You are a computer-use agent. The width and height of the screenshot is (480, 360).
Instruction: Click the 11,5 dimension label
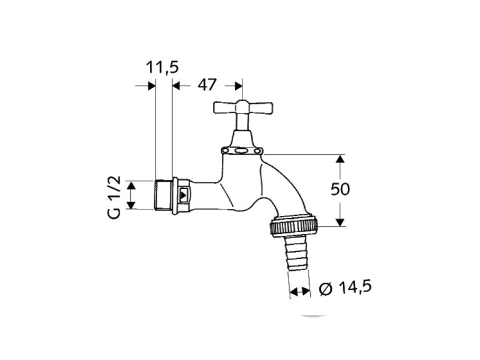pos(162,67)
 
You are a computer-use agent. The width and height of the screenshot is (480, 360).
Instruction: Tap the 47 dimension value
pos(207,85)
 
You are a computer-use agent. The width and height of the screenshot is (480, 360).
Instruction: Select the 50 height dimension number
pos(340,190)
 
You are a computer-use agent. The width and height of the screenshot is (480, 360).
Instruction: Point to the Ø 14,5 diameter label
pos(346,287)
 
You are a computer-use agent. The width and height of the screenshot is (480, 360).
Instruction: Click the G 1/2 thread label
pos(115,197)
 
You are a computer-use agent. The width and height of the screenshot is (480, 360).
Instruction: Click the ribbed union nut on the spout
pos(294,226)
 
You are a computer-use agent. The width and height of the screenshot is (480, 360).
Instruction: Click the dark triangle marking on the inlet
pos(184,195)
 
